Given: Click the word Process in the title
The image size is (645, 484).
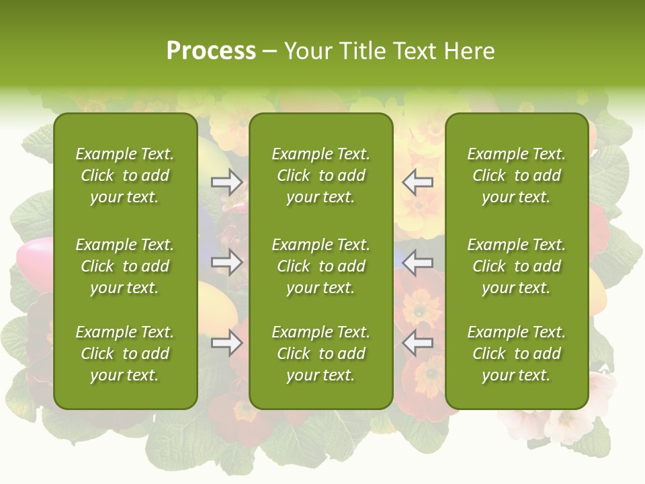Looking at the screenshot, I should pyautogui.click(x=211, y=51).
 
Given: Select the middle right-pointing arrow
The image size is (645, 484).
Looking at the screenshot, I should pyautogui.click(x=226, y=263).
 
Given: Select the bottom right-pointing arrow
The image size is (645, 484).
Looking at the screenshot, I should pyautogui.click(x=226, y=344).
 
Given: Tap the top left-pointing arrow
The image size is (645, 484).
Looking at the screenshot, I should pyautogui.click(x=418, y=182).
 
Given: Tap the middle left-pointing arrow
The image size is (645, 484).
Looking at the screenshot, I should pyautogui.click(x=418, y=263).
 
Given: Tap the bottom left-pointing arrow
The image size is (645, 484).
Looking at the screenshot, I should pyautogui.click(x=418, y=344).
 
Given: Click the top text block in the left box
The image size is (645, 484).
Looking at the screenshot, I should pyautogui.click(x=125, y=175).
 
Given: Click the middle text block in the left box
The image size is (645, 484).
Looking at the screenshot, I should pyautogui.click(x=125, y=266).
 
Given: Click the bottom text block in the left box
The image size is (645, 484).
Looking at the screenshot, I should pyautogui.click(x=125, y=354).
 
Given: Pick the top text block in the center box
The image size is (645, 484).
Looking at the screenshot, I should pyautogui.click(x=320, y=175).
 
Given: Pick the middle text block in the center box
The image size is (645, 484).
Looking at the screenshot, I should pyautogui.click(x=320, y=266).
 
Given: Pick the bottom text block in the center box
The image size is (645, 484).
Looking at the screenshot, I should pyautogui.click(x=320, y=354).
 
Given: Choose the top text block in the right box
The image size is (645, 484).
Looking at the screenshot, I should pyautogui.click(x=516, y=175).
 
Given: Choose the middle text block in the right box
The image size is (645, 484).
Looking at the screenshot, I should pyautogui.click(x=516, y=266).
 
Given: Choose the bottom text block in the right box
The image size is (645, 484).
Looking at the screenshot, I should pyautogui.click(x=516, y=354).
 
